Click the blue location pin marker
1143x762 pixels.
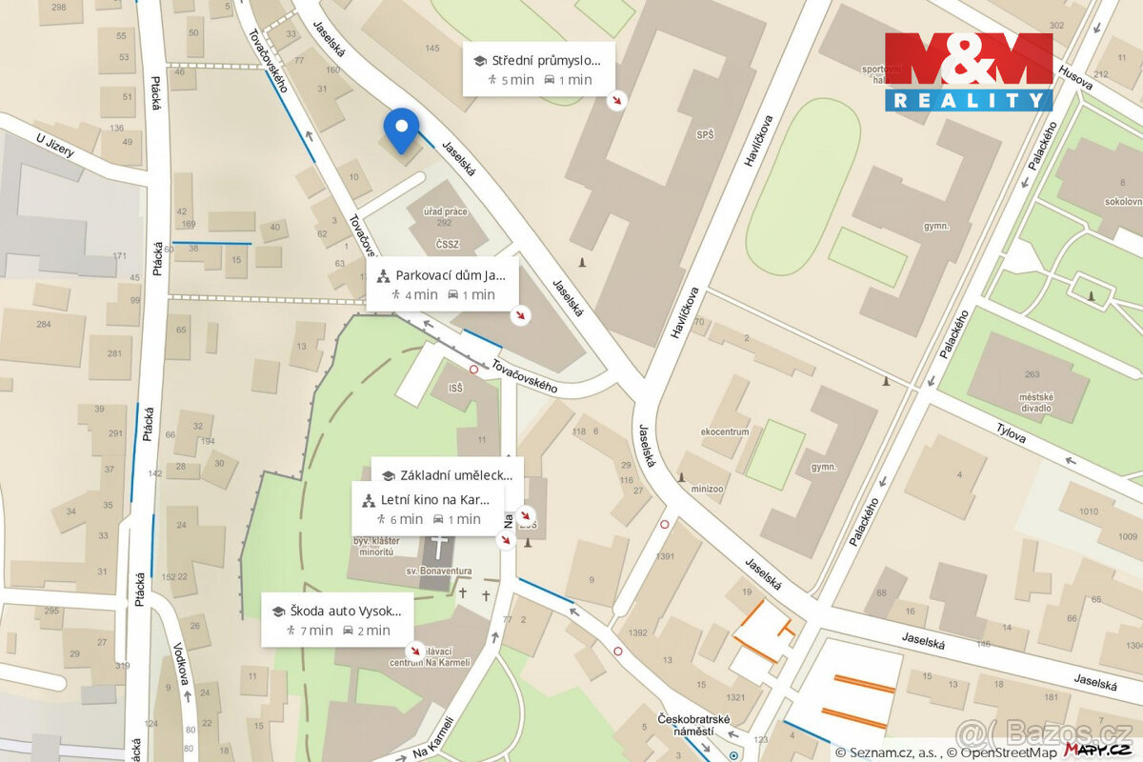[x=401, y=130]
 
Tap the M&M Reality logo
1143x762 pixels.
[x=969, y=71]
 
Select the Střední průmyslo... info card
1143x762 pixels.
[x=538, y=70]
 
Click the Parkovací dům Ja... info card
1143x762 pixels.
[x=444, y=285]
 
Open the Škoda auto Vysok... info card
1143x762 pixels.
[x=338, y=619]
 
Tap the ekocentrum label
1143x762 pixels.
[x=725, y=431]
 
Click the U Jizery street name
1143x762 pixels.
[x=54, y=152]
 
